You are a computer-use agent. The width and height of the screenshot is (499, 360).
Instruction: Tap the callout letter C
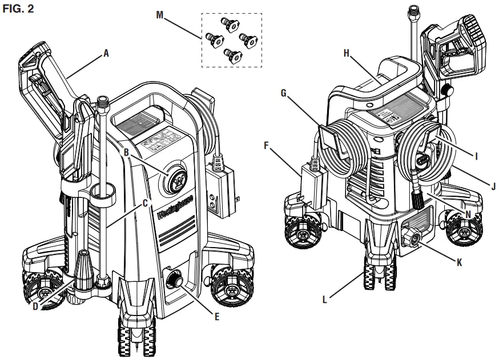tap(146, 203)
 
